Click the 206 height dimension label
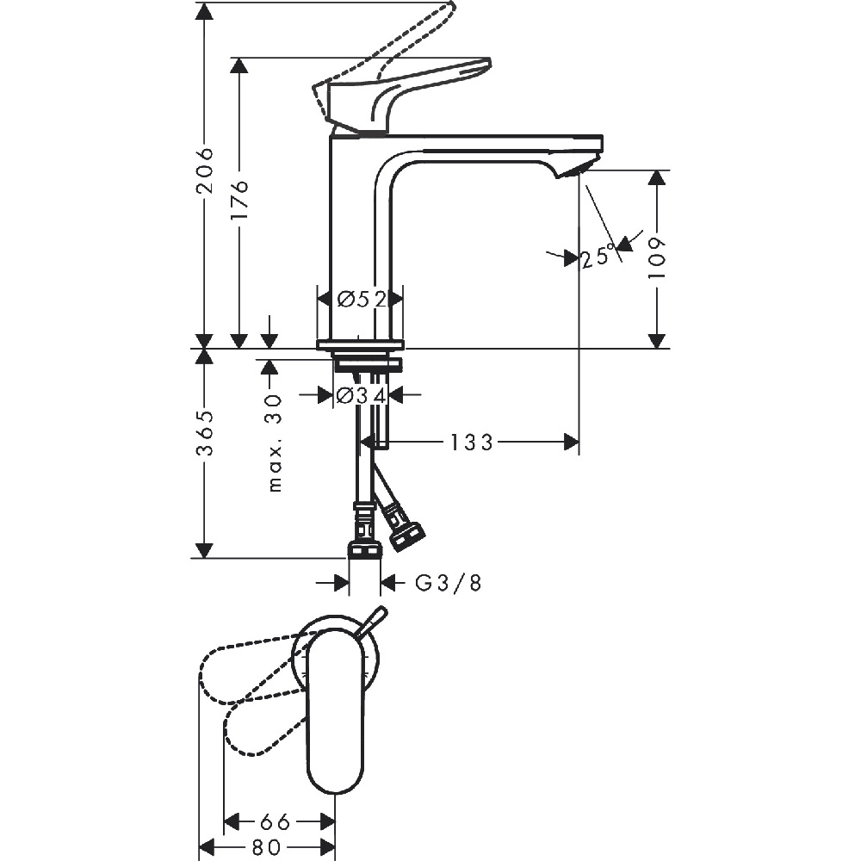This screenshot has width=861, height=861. tap(205, 170)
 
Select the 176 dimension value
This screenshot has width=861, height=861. tap(240, 201)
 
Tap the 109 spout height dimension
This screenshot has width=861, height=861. tap(657, 258)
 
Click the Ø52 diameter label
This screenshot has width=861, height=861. tap(362, 300)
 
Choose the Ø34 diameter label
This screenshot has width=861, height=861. tap(361, 395)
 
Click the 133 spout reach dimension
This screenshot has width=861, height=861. tap(472, 442)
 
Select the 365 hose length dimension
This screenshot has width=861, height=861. tap(205, 433)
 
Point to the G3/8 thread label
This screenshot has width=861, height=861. tap(448, 583)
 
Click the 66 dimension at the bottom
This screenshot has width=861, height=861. tap(276, 822)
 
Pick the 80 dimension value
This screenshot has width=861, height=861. tap(267, 846)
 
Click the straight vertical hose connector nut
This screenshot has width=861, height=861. tap(364, 549)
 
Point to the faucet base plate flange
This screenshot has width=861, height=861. tap(360, 344)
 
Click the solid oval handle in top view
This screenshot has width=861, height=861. tap(335, 710)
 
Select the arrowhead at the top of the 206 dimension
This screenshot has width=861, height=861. tap(204, 12)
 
